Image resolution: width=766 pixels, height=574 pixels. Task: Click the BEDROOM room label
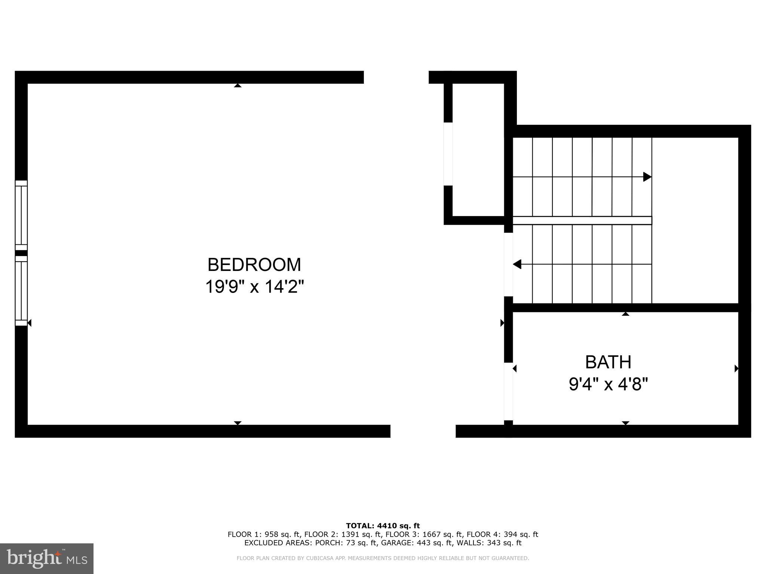pos(254,265)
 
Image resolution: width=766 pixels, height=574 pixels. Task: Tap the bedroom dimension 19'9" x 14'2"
pos(254,287)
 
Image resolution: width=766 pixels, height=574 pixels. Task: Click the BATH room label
pos(608,362)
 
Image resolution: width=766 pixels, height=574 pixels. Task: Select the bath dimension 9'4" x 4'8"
pos(608,384)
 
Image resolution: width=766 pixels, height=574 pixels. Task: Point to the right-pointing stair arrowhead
pos(647,177)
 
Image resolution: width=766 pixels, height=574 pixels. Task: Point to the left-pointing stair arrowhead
pos(517,265)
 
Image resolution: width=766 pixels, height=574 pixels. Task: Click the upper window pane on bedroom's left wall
pos(21,215)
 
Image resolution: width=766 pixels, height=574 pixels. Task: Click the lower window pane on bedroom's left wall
pos(21,291)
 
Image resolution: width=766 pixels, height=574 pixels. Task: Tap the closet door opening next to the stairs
pos(448,154)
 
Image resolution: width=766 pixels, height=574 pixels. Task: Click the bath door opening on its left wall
pos(508,391)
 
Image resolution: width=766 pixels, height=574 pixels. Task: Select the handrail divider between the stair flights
pos(582,220)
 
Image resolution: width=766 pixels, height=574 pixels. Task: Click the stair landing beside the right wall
pos(695,220)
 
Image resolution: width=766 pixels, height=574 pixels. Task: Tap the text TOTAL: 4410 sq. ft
pos(383,526)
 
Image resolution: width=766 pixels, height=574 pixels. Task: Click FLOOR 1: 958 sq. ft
pos(264,534)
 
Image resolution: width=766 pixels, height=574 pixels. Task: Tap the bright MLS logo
pos(47,559)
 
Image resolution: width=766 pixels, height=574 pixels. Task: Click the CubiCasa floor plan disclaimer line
pos(383,558)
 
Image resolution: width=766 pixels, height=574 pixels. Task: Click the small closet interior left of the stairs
pos(478,149)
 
